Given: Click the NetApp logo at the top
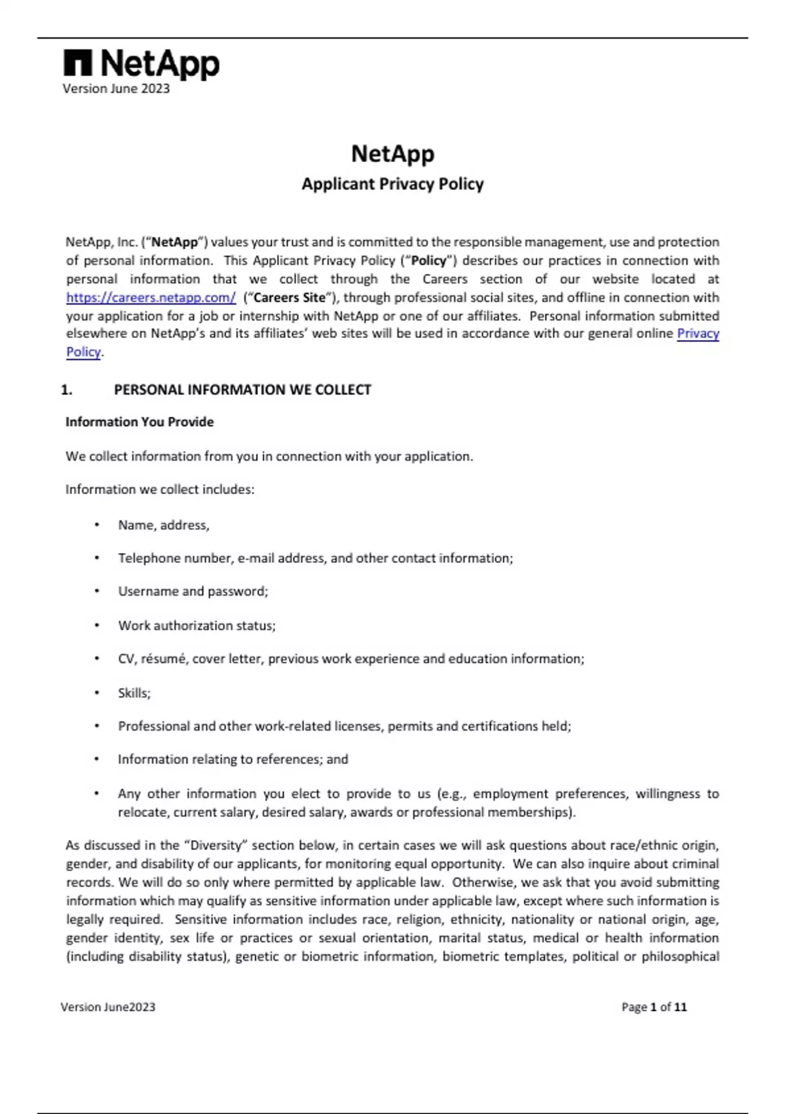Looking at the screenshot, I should click(x=141, y=64).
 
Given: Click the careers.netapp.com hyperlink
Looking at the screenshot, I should click(x=151, y=298).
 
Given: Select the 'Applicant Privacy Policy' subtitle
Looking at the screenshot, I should click(x=392, y=184).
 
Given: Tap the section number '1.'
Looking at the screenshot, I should click(x=66, y=390).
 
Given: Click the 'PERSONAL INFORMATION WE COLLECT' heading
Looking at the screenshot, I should click(x=242, y=390).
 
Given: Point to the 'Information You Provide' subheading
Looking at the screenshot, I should click(x=140, y=422).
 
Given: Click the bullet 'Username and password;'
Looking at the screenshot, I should click(x=193, y=592).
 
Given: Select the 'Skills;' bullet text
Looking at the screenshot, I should click(x=134, y=693).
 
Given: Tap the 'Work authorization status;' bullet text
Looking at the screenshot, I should click(x=196, y=626).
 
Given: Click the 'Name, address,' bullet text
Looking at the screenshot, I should click(x=164, y=526).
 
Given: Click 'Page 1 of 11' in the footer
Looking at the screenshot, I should click(x=654, y=1007).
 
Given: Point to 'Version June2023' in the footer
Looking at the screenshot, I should click(x=108, y=1007).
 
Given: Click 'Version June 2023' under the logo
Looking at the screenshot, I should click(x=116, y=89).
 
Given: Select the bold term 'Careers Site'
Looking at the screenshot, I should click(x=290, y=298).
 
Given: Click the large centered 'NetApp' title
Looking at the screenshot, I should click(x=392, y=154).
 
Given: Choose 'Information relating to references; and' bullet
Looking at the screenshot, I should click(x=233, y=759).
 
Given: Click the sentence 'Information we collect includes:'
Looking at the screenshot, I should click(x=160, y=490).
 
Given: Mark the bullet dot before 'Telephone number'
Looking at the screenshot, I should click(x=97, y=558).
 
